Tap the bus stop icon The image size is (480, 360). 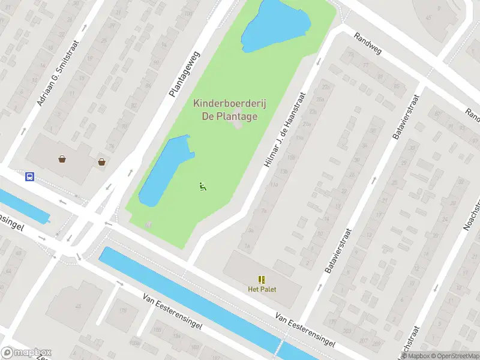pyautogui.click(x=29, y=176)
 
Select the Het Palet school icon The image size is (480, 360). pyautogui.click(x=262, y=280)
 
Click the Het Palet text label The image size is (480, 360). pyautogui.click(x=262, y=289)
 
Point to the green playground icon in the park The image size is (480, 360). pyautogui.click(x=203, y=187)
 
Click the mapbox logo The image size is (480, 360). pyautogui.click(x=26, y=353)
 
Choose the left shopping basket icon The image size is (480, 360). pyautogui.click(x=62, y=160)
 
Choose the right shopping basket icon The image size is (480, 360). pyautogui.click(x=102, y=161)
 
